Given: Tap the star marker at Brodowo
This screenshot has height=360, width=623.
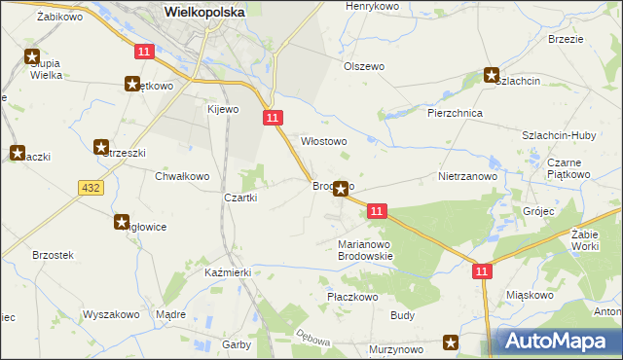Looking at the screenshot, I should click(x=341, y=189).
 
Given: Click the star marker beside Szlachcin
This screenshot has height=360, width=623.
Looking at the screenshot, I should click(x=493, y=75).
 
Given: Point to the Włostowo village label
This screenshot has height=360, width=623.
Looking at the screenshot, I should click(x=323, y=141).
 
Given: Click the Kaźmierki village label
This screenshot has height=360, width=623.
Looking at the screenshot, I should click(x=229, y=273).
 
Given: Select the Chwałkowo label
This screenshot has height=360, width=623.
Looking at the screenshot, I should click(x=182, y=176).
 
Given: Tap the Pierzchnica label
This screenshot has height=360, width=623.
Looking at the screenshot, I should click(x=456, y=113).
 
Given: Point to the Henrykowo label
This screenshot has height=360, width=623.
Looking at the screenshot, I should click(x=375, y=6).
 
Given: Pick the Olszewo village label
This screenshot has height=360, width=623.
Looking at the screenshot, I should click(x=364, y=66).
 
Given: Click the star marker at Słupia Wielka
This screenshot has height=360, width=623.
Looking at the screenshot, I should click(x=32, y=57).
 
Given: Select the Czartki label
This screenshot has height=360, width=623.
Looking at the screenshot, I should click(x=240, y=198).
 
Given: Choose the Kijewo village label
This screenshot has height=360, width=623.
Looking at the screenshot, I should click(x=222, y=109).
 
